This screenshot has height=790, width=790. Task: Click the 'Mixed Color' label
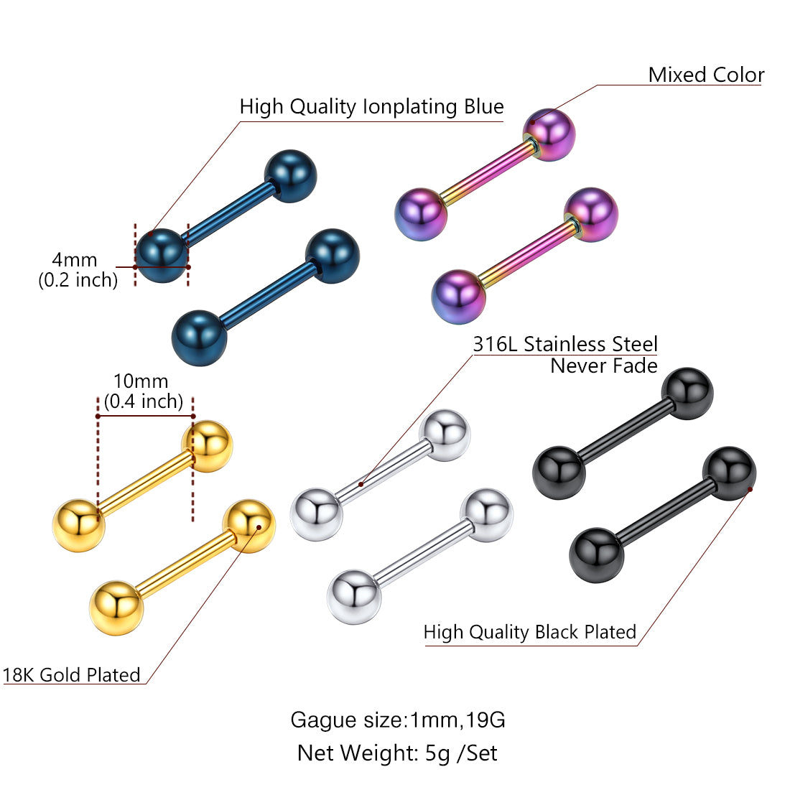706,75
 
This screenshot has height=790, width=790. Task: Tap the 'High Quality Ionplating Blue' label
371,107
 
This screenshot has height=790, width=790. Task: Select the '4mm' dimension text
74,259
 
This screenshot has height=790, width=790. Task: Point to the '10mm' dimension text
141,381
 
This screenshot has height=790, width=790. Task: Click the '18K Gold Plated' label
71,675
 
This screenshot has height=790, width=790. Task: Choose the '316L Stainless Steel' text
565,344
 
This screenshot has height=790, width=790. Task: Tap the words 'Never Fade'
604,366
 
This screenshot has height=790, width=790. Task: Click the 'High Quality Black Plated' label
530,632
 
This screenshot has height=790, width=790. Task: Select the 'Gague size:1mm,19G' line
398,720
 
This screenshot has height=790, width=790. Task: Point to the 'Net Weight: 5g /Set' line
397,753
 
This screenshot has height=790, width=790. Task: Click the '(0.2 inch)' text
78,279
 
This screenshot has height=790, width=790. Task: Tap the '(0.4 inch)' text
144,401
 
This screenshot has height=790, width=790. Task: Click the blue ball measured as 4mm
162,255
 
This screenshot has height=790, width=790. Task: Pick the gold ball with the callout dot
248,526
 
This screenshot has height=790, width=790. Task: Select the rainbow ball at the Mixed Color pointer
549,134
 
